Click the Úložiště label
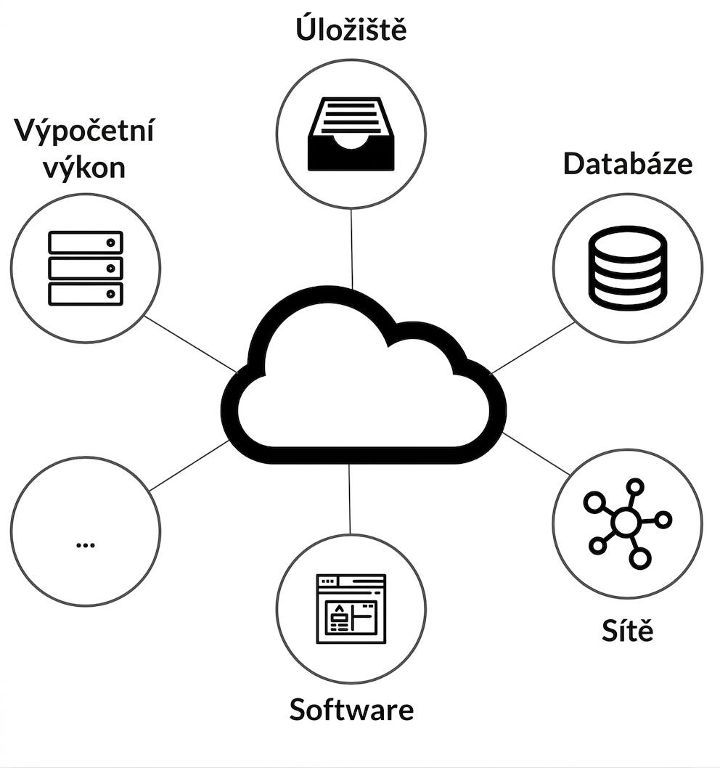click(x=351, y=28)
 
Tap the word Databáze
click(x=627, y=163)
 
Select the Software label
click(x=351, y=709)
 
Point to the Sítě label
click(x=627, y=629)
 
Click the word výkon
click(x=84, y=168)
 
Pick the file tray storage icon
click(x=351, y=134)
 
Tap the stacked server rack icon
click(x=85, y=268)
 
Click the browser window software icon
click(x=351, y=608)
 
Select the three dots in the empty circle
click(x=86, y=544)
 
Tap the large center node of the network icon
click(x=626, y=522)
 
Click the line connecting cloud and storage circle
click(x=351, y=249)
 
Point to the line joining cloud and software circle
click(x=349, y=499)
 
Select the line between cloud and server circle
click(x=191, y=344)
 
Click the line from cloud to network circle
click(x=536, y=454)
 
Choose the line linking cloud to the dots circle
click(x=189, y=465)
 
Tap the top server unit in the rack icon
click(x=85, y=242)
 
